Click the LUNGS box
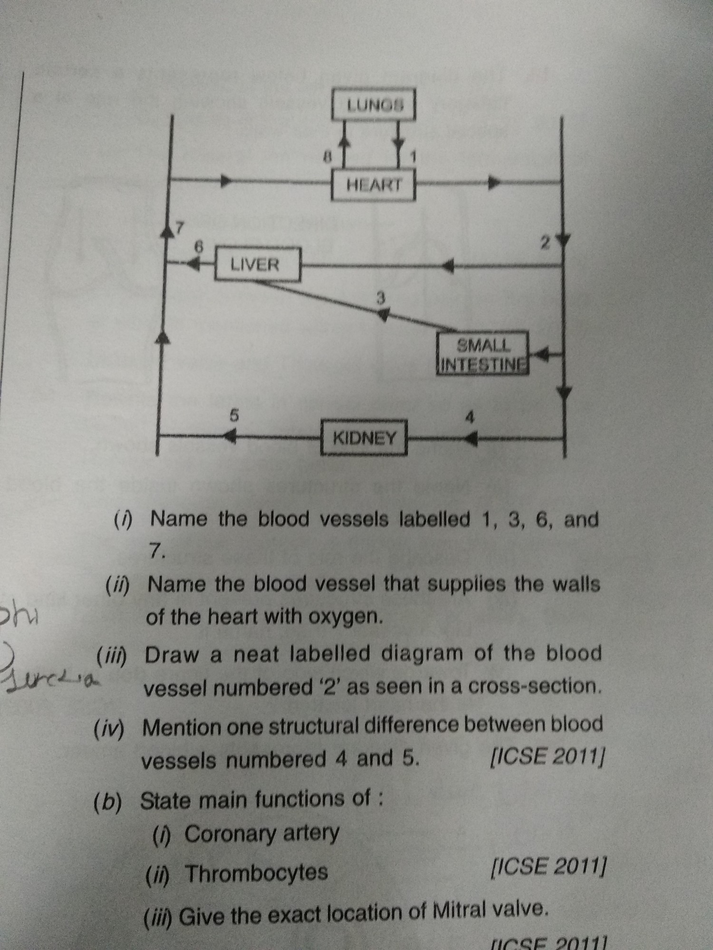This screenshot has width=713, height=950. pyautogui.click(x=374, y=104)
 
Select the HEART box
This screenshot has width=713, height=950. pyautogui.click(x=374, y=184)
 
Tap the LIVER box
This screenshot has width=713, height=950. pyautogui.click(x=258, y=264)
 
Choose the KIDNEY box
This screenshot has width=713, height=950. pyautogui.click(x=364, y=437)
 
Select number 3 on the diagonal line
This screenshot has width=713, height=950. pyautogui.click(x=380, y=298)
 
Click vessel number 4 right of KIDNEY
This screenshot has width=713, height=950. pyautogui.click(x=470, y=418)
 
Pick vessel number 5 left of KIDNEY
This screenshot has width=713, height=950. pyautogui.click(x=233, y=415)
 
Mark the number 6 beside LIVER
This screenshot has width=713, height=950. pyautogui.click(x=200, y=247)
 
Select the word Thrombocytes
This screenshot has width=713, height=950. pyautogui.click(x=256, y=873)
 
